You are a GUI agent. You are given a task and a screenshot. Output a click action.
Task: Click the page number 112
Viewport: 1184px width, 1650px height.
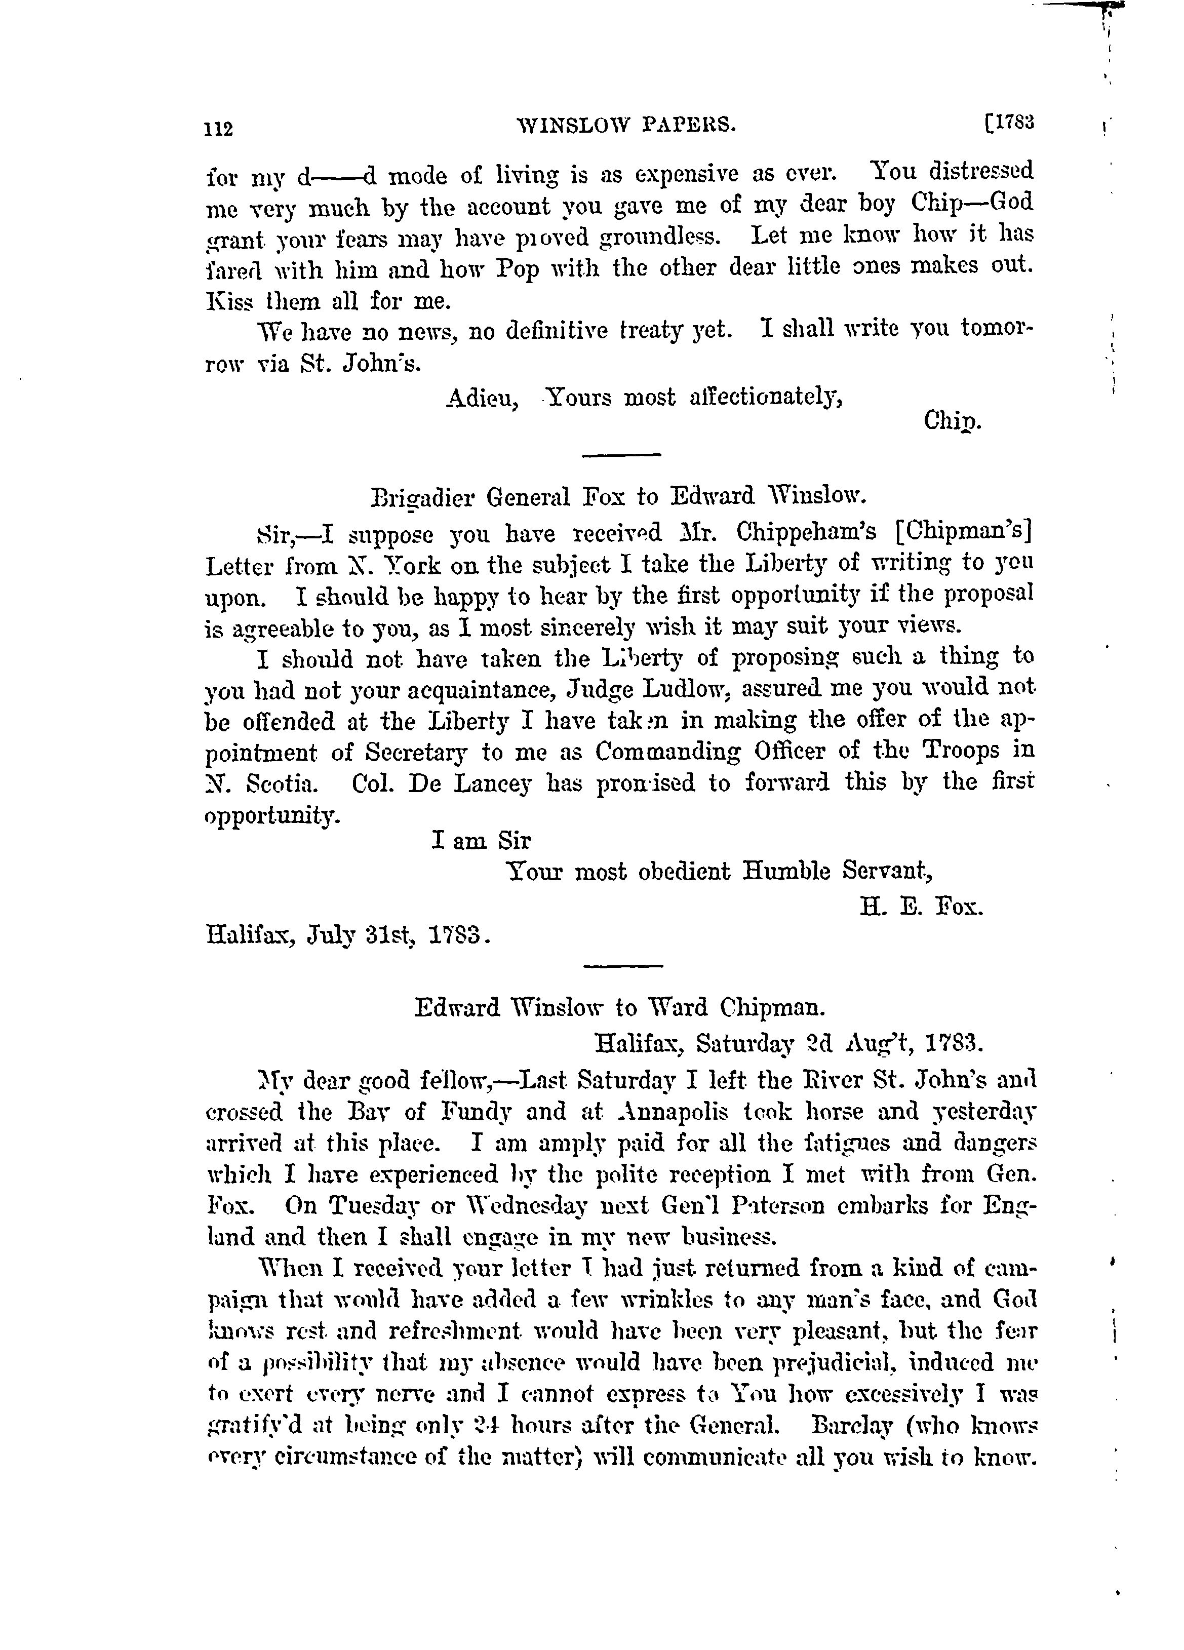tap(218, 129)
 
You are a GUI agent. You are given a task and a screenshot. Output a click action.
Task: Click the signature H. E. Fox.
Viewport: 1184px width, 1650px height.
tap(921, 907)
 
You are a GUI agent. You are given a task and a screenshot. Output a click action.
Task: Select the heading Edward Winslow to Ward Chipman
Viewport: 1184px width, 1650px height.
tap(620, 1008)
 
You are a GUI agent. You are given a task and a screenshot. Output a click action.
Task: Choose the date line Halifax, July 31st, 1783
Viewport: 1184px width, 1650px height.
tap(347, 935)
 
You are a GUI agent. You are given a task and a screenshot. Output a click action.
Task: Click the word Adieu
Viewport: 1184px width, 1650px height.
tap(482, 398)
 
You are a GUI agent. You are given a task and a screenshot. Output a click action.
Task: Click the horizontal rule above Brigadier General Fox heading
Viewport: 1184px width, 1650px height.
tap(622, 455)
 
